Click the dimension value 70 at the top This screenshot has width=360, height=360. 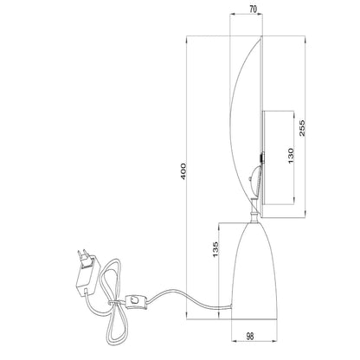(x=253, y=10)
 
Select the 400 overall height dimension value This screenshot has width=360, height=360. (x=183, y=171)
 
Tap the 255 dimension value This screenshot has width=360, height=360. (x=302, y=128)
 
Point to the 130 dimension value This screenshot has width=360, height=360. (x=291, y=155)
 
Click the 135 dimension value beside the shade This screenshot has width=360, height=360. (x=215, y=249)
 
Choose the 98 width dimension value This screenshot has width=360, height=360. (x=250, y=337)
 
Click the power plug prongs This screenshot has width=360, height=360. (x=83, y=255)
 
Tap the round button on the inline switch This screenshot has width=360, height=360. (x=134, y=300)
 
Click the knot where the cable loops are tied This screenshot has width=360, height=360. (x=112, y=303)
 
